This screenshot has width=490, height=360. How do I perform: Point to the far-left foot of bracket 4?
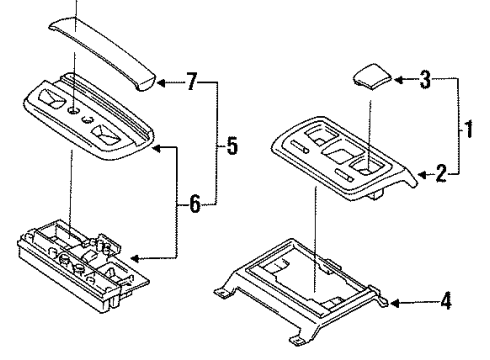pos(220,292)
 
